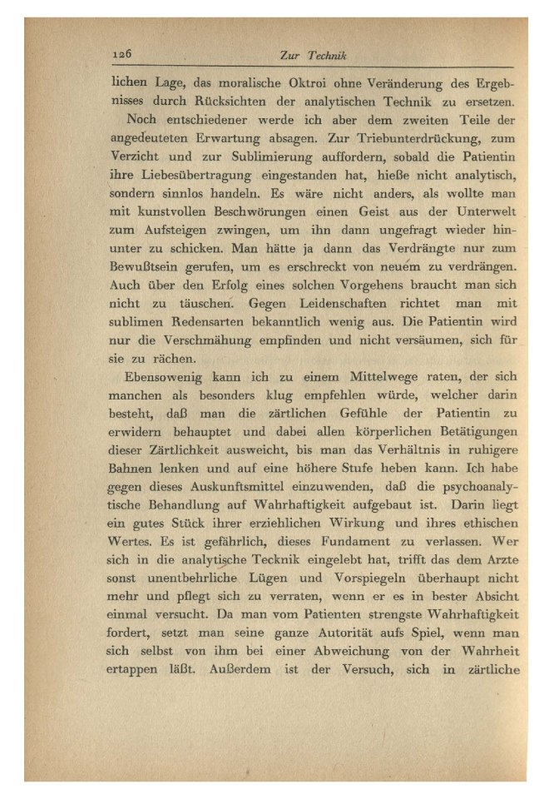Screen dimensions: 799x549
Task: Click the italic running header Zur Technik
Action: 313,56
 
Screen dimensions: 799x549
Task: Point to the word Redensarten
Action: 209,320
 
